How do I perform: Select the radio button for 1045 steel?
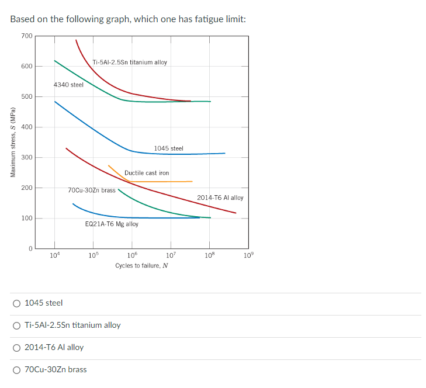18,303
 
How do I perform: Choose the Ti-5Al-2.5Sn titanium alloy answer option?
18,325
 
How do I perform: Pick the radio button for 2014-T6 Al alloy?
18,347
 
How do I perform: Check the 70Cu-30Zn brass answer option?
18,369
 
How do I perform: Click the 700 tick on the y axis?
27,36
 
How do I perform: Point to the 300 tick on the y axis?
27,158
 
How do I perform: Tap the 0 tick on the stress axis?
29,249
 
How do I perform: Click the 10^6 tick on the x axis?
132,255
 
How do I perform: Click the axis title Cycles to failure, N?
141,266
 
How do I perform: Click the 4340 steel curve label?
68,85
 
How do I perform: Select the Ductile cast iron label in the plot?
147,173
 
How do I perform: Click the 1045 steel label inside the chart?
169,148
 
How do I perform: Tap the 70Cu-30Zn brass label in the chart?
92,190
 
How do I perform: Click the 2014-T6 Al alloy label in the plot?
220,198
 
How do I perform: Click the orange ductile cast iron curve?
164,182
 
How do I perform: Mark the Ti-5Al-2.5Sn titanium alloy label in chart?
130,62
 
